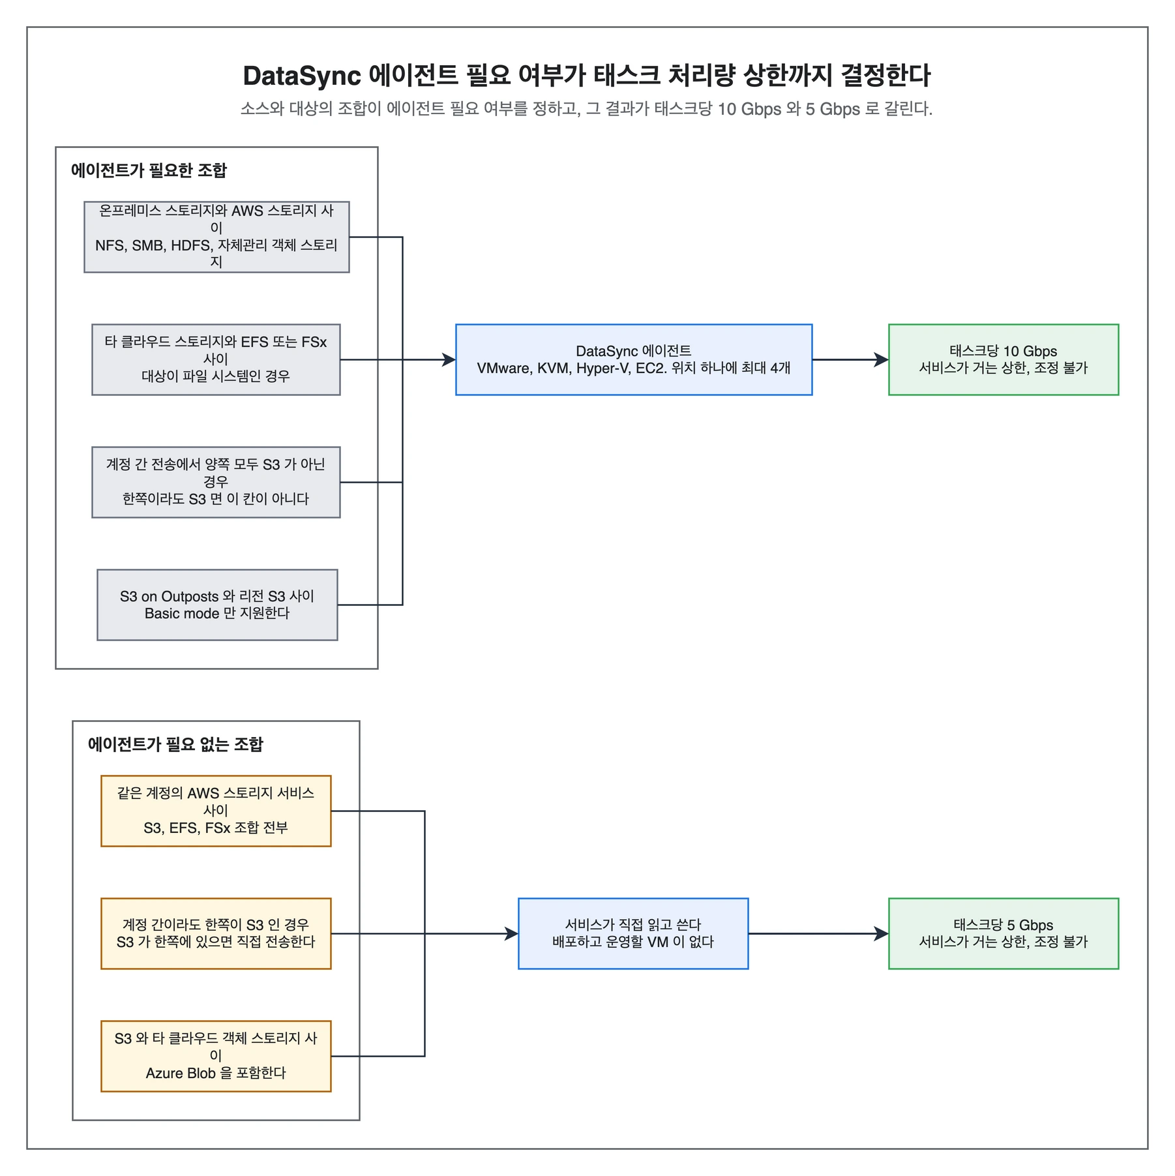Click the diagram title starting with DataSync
click(587, 76)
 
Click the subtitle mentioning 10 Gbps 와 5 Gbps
click(587, 108)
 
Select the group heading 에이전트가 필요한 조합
click(149, 170)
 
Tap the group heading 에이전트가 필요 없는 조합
click(175, 744)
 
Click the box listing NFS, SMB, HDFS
click(216, 237)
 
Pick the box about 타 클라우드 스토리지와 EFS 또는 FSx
click(216, 359)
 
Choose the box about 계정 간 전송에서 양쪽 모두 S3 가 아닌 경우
click(216, 482)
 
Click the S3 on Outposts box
click(217, 605)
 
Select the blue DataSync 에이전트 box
click(634, 359)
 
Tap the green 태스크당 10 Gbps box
click(1004, 359)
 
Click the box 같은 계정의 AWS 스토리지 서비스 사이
click(216, 811)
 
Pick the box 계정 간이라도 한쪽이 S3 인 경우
click(216, 933)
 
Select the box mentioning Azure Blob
click(216, 1056)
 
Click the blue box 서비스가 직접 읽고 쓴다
click(633, 933)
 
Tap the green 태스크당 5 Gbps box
click(1004, 933)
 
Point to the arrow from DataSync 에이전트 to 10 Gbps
click(850, 359)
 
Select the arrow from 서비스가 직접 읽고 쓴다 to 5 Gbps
click(818, 933)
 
